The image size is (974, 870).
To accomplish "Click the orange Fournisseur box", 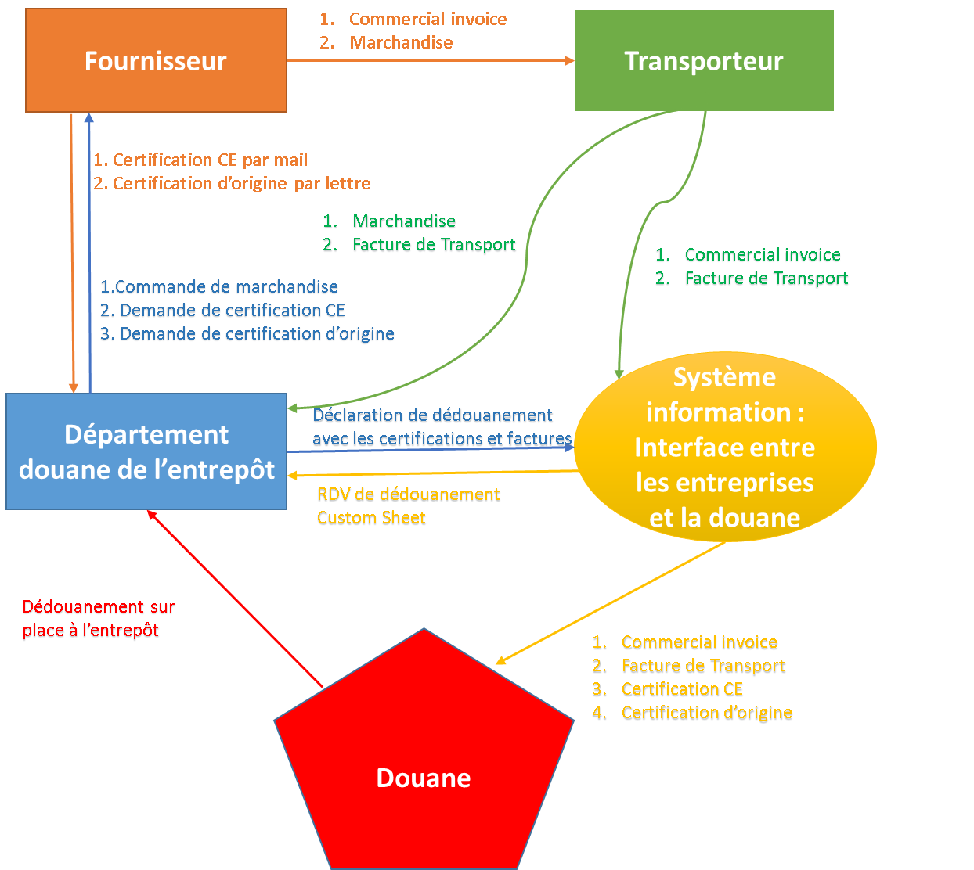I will [156, 60].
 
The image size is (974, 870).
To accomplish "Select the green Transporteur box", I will [704, 60].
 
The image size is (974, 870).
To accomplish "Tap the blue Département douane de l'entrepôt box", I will [146, 451].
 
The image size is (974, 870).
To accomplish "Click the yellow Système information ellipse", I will [725, 447].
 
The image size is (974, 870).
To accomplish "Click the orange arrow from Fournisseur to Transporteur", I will [431, 60].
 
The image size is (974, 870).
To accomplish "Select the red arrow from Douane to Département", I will [235, 599].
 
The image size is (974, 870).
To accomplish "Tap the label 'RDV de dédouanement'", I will [408, 494].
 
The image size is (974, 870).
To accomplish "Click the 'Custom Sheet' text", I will [371, 518].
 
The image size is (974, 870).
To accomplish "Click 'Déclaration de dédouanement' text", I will [433, 415].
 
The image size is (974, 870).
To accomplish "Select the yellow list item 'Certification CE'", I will [682, 689].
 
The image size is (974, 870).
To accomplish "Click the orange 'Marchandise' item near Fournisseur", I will [401, 42].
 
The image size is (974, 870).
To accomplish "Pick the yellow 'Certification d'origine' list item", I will [707, 713].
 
